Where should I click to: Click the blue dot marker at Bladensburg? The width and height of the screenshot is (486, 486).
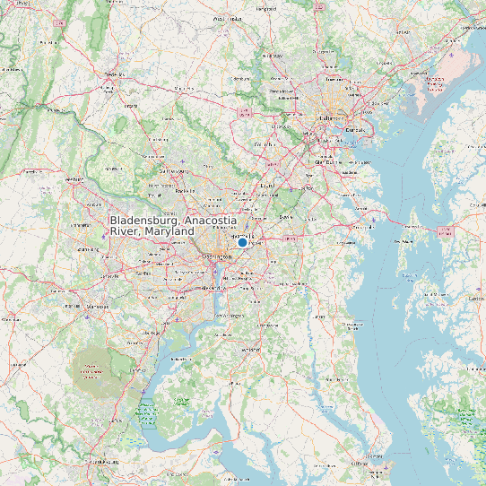pyautogui.click(x=242, y=242)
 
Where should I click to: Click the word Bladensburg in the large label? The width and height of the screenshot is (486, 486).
pyautogui.click(x=143, y=221)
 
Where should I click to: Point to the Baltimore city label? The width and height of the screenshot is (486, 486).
pyautogui.click(x=333, y=117)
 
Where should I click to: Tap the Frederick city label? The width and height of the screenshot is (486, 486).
pyautogui.click(x=114, y=74)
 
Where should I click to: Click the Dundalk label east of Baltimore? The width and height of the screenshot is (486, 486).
pyautogui.click(x=355, y=130)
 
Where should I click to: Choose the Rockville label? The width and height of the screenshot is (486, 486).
pyautogui.click(x=186, y=190)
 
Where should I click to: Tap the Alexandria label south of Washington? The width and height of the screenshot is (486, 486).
pyautogui.click(x=216, y=288)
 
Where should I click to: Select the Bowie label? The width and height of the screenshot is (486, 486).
pyautogui.click(x=287, y=216)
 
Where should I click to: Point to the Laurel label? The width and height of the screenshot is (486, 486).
pyautogui.click(x=265, y=186)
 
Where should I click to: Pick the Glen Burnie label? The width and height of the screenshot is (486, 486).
pyautogui.click(x=324, y=162)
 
